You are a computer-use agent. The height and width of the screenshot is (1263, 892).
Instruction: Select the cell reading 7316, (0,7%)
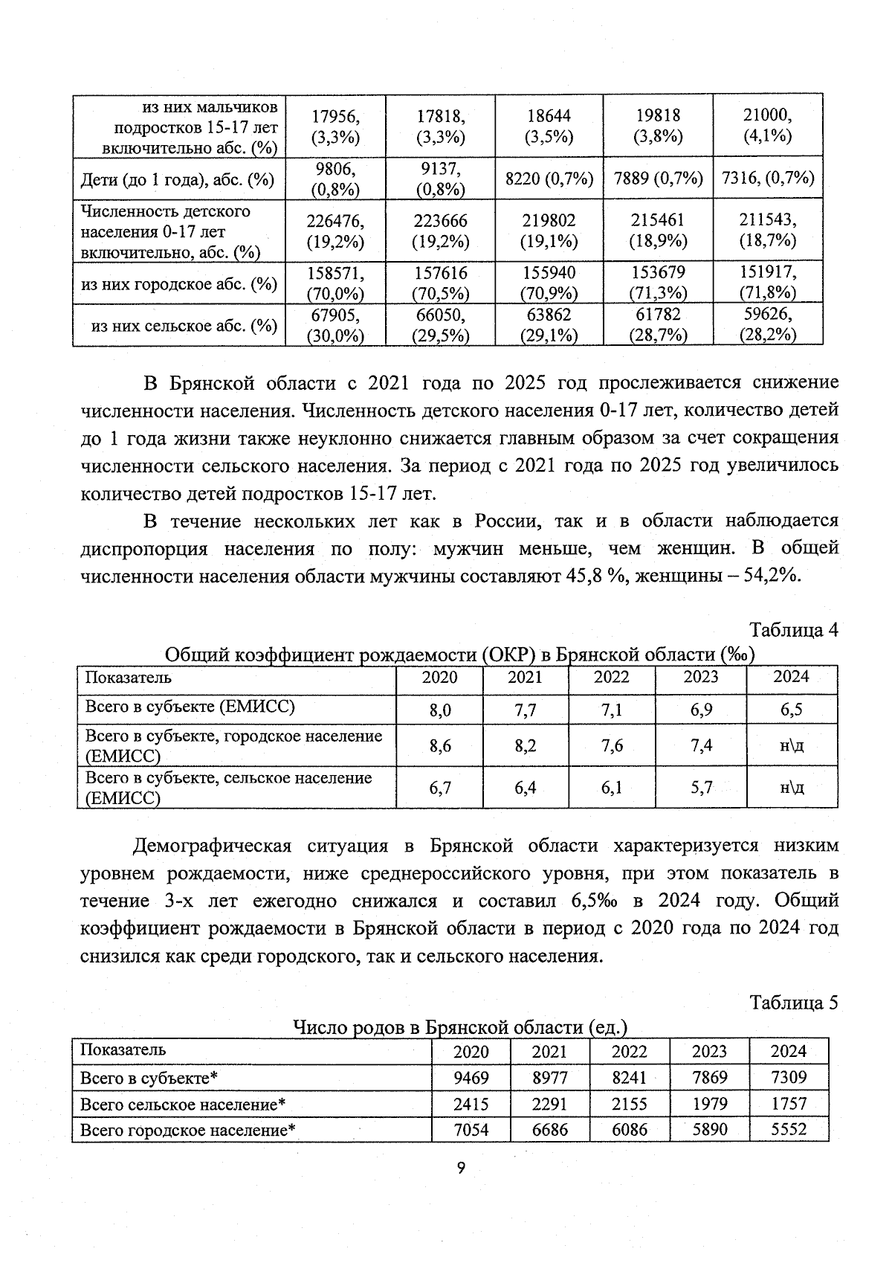click(768, 178)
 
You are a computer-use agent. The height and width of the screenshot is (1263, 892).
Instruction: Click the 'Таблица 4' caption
click(794, 630)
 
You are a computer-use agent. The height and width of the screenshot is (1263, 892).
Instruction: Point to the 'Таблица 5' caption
click(794, 1003)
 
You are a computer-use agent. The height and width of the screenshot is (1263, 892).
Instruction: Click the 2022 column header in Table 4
click(611, 678)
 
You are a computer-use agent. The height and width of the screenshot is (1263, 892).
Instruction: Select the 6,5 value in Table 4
click(791, 710)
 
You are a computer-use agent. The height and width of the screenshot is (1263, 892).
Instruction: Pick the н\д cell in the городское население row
click(791, 745)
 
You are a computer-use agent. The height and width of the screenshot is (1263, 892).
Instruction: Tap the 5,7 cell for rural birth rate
click(700, 787)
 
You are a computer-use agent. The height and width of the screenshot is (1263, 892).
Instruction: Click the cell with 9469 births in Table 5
click(471, 1077)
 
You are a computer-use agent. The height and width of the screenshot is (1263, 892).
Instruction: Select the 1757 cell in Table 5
click(789, 1104)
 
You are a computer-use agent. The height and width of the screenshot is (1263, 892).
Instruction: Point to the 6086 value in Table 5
click(629, 1130)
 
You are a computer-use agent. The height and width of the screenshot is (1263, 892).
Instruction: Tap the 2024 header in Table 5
click(789, 1051)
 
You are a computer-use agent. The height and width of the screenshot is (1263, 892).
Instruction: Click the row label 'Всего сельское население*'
click(183, 1104)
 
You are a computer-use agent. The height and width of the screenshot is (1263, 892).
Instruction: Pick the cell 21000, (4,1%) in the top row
click(768, 126)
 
